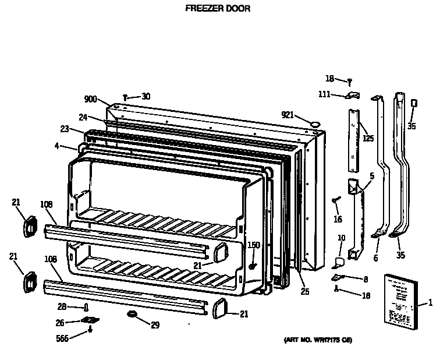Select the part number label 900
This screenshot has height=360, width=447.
[x=90, y=100]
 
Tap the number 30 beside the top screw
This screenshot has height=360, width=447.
[x=146, y=97]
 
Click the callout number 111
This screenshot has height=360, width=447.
[x=325, y=94]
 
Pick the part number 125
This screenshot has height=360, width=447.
[x=368, y=139]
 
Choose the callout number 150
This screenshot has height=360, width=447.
[x=254, y=245]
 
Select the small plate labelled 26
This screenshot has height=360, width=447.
[x=90, y=320]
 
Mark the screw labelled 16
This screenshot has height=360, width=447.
[x=336, y=201]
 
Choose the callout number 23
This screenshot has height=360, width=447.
[x=64, y=129]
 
